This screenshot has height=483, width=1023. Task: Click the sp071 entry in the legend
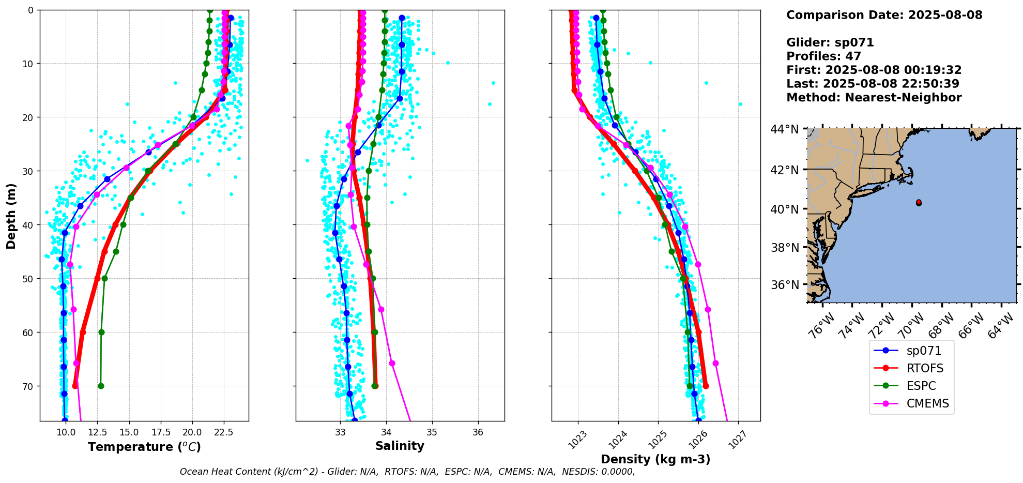click(x=923, y=351)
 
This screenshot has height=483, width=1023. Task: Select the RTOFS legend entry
click(x=924, y=368)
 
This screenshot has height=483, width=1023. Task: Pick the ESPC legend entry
click(x=921, y=386)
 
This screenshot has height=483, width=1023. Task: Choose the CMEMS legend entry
click(x=927, y=403)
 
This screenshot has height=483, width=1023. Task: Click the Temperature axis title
click(x=144, y=447)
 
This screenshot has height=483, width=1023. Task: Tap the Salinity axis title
click(x=400, y=446)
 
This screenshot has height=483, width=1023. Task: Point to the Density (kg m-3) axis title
click(x=655, y=459)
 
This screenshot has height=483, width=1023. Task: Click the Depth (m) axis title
click(x=11, y=216)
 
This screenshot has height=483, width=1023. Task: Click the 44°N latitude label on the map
click(x=785, y=129)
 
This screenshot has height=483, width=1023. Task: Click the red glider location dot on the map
click(x=919, y=202)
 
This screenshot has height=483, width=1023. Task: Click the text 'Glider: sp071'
click(x=830, y=42)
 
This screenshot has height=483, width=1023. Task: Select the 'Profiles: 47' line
click(x=823, y=56)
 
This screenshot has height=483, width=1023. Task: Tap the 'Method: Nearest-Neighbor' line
click(x=874, y=98)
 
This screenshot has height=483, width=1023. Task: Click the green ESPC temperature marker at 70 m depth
click(x=101, y=386)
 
